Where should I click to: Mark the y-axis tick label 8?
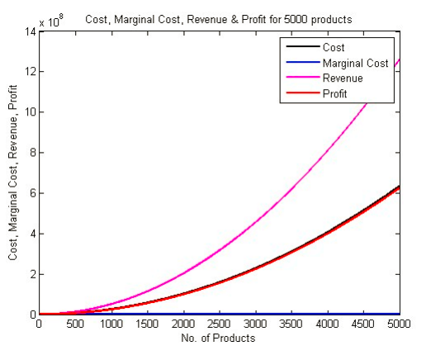coord(31,153)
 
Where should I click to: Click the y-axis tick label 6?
coord(31,193)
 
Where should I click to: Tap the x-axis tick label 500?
coord(75,325)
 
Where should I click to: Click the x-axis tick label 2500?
coord(220,325)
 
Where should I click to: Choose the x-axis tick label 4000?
coord(328,325)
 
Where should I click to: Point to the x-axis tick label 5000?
coord(400,325)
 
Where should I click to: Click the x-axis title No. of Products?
coord(219,339)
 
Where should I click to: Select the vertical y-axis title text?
coord(13,173)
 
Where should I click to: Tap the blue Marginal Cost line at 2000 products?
coord(183,314)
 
